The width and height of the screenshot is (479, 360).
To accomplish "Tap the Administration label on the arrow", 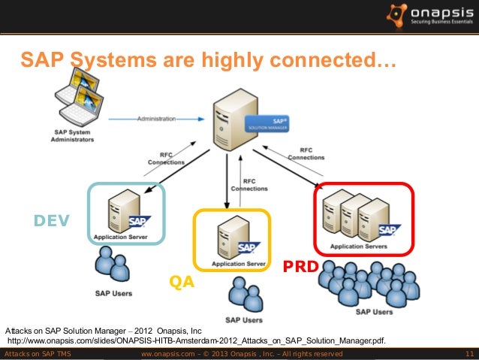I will click(157, 118).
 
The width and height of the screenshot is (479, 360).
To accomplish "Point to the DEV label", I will click(51, 220).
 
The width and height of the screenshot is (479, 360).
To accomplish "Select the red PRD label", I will click(300, 267).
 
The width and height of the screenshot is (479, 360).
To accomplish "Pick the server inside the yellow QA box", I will click(229, 236).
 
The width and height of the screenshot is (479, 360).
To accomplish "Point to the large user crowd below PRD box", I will click(365, 284).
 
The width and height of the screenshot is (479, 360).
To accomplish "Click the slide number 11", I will click(469, 354).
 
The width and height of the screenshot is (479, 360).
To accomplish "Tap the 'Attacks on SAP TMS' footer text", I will click(38, 354).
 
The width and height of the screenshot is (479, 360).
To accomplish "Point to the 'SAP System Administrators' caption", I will click(73, 135).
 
